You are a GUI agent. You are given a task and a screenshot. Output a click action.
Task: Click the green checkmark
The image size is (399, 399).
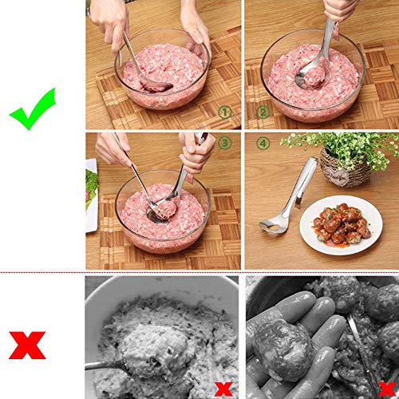pos(33,109)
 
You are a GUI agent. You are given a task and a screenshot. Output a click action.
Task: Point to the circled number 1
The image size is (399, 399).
pos(225,113)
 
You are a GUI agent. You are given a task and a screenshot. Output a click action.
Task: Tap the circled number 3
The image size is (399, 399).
pos(224,144)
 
